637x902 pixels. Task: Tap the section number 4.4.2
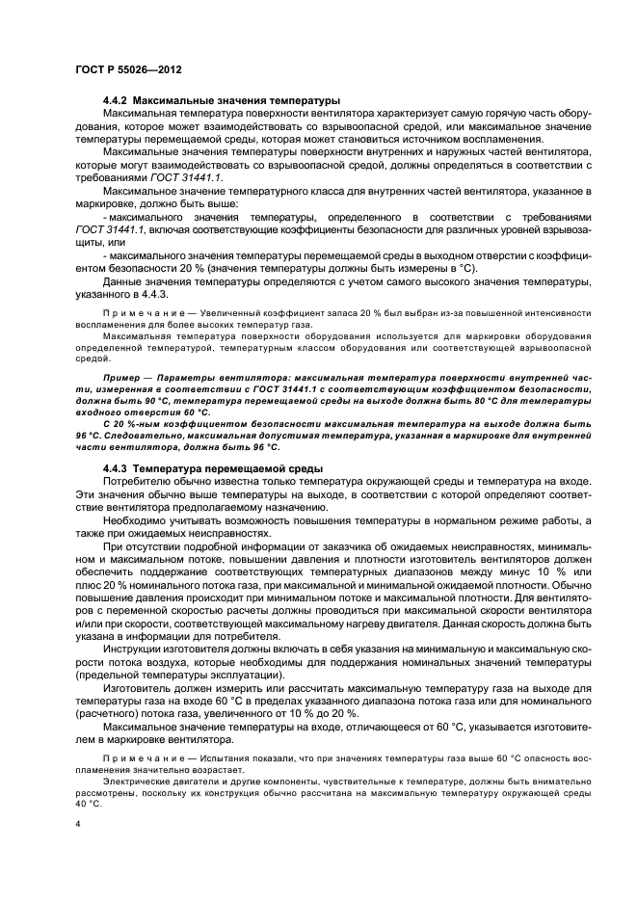point(115,100)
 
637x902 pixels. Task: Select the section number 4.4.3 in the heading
point(115,469)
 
